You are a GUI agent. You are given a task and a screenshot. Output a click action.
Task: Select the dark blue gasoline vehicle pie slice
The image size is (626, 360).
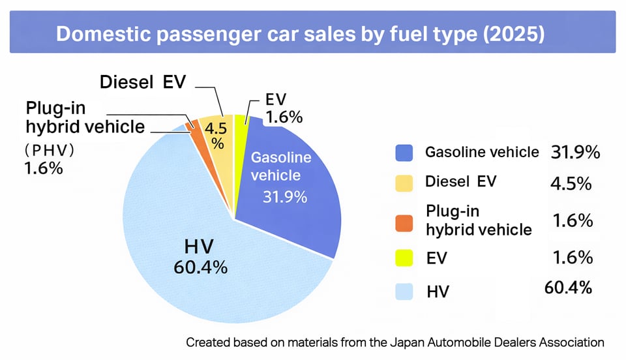tap(293, 209)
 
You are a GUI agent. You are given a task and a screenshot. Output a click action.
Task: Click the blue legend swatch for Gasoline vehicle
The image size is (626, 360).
tap(404, 153)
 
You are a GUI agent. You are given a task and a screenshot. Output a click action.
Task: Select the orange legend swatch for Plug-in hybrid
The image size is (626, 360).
tap(404, 220)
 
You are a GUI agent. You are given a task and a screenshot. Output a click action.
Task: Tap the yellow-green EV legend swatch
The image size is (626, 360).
tap(404, 258)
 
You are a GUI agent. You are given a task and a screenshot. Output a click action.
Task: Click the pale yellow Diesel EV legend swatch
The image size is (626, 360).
tap(404, 183)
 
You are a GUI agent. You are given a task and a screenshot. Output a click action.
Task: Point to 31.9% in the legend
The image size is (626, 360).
tap(575, 153)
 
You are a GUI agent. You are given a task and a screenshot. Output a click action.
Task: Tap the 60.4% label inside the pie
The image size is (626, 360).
tap(200, 267)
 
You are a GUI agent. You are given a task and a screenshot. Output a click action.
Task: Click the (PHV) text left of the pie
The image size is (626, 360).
tap(50, 149)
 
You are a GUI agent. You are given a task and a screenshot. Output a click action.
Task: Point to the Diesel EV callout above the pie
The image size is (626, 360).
tap(143, 82)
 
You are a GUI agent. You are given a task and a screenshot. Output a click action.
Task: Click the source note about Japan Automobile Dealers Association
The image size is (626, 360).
tap(395, 342)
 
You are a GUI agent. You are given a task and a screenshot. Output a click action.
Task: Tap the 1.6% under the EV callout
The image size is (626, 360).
tap(284, 117)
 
